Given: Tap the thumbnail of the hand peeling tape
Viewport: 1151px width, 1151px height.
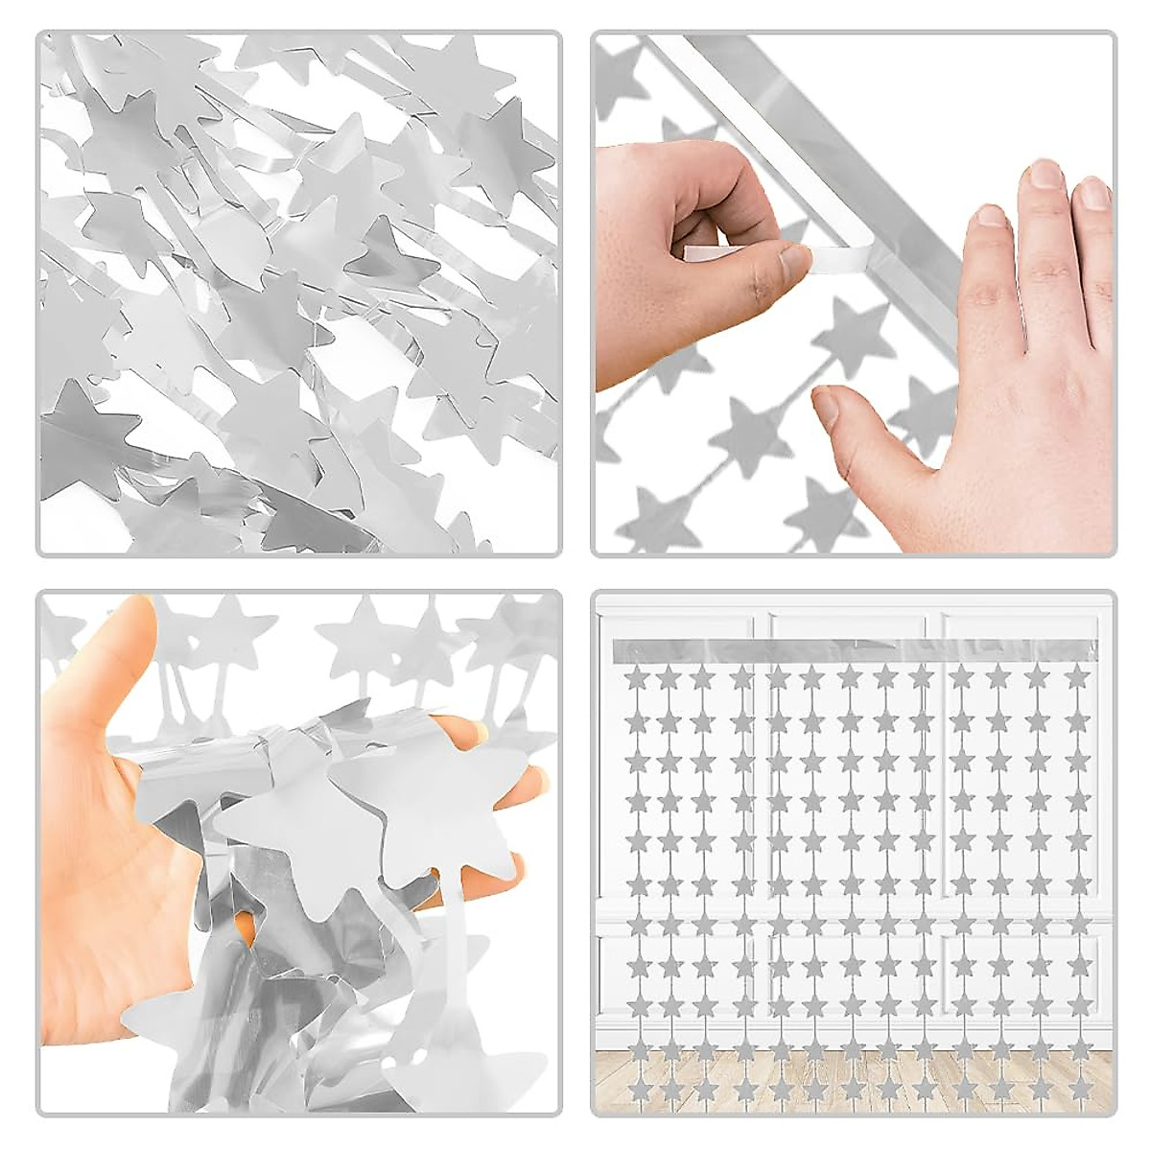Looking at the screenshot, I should pos(795,261).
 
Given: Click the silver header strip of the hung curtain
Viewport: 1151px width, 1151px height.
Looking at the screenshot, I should pos(854,649).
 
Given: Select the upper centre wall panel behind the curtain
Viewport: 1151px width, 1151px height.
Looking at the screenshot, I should pos(854,767).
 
